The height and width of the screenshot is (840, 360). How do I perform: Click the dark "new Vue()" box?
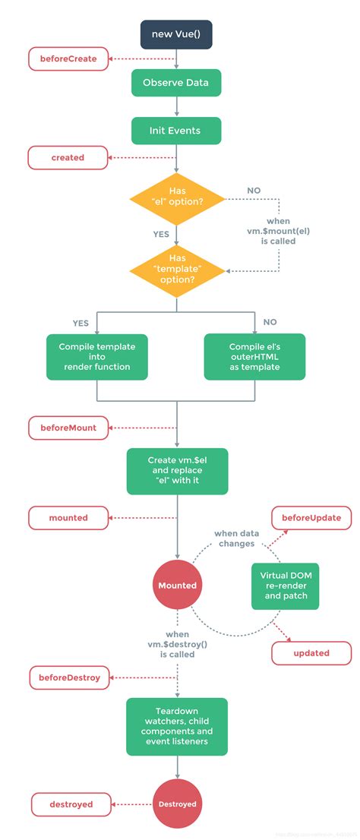(176, 34)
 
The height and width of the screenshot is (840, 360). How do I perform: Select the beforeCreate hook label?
(68, 58)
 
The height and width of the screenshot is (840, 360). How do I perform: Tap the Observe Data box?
(176, 83)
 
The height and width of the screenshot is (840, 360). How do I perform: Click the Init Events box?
(176, 131)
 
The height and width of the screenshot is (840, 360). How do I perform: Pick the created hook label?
(68, 158)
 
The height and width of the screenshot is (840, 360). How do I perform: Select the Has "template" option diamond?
(177, 270)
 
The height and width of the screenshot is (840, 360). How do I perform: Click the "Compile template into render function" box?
(96, 356)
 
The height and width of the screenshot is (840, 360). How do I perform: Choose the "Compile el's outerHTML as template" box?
(255, 356)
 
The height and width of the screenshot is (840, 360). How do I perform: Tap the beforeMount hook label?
(68, 428)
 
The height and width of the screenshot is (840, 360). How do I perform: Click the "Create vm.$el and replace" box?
(176, 470)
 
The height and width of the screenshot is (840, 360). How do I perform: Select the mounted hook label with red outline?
(68, 518)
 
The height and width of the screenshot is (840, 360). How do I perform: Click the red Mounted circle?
(177, 586)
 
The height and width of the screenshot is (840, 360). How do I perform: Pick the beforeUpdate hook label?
(311, 518)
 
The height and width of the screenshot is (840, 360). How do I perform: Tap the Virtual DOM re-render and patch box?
(285, 586)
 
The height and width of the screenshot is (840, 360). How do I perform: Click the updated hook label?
(311, 652)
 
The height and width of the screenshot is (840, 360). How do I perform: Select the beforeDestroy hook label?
(69, 677)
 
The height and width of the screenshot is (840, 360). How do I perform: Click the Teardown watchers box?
(176, 726)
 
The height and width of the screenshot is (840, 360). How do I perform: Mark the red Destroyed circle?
(177, 804)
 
